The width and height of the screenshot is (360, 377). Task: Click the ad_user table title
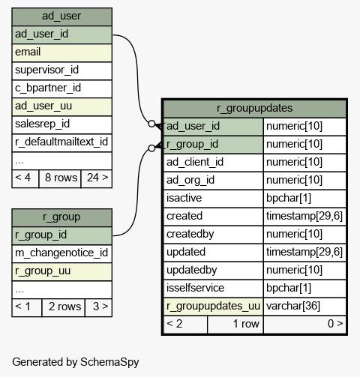click(x=61, y=16)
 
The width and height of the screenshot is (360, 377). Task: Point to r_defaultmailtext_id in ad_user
click(x=61, y=142)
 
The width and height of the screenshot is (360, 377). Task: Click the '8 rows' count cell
click(x=60, y=178)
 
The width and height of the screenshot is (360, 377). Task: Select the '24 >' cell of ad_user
click(x=97, y=178)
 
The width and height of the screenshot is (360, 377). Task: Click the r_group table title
click(x=61, y=217)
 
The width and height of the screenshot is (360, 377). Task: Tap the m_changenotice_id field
click(x=61, y=253)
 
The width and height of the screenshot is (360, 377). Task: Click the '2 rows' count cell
click(x=64, y=307)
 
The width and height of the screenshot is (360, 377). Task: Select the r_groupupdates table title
click(x=254, y=108)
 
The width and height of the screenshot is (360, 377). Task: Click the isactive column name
click(x=184, y=198)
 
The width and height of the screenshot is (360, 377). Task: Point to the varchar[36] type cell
click(x=293, y=306)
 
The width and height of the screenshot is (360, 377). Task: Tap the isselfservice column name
click(x=195, y=288)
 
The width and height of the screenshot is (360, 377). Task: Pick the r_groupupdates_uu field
click(x=213, y=306)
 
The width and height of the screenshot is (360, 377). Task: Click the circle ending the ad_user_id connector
click(x=151, y=124)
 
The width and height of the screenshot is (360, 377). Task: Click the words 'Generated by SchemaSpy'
click(x=76, y=362)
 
